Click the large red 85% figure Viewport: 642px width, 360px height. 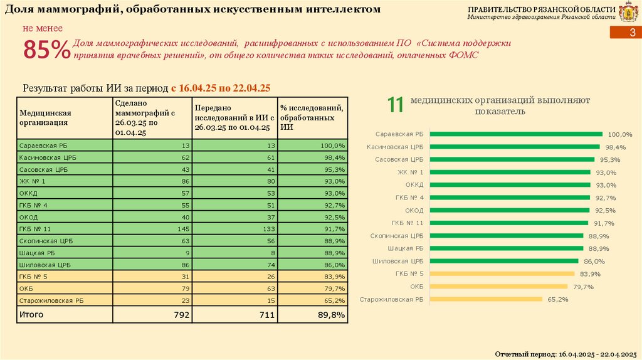(46, 51)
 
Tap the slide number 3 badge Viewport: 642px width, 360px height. (631, 33)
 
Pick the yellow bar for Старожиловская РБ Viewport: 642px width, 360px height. (487, 299)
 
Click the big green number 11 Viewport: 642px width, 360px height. (395, 105)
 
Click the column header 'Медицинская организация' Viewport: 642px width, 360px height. (45, 117)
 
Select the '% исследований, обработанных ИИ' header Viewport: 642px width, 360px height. (311, 117)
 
